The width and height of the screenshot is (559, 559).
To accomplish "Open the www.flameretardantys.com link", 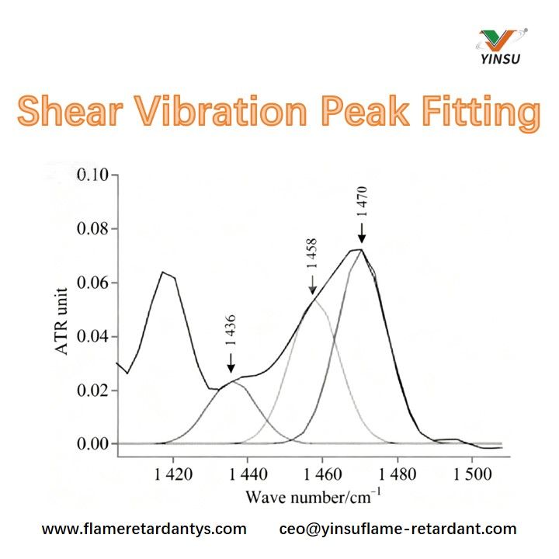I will tap(144, 529).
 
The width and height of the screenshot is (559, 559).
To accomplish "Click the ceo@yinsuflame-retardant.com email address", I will tap(398, 529).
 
